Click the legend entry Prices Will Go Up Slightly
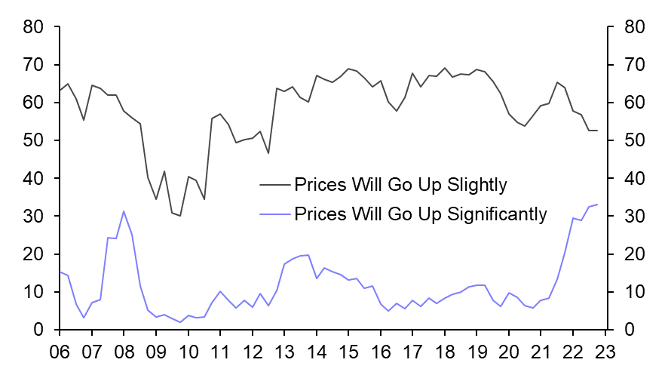coord(400,185)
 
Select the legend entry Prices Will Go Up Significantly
coord(421,214)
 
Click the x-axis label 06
coord(60,352)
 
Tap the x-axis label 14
coord(316,352)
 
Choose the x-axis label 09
coord(155,352)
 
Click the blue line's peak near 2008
coord(123,211)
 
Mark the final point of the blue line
coord(597,204)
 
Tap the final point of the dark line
coord(597,131)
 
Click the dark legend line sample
coord(274,185)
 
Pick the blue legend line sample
coord(274,214)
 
